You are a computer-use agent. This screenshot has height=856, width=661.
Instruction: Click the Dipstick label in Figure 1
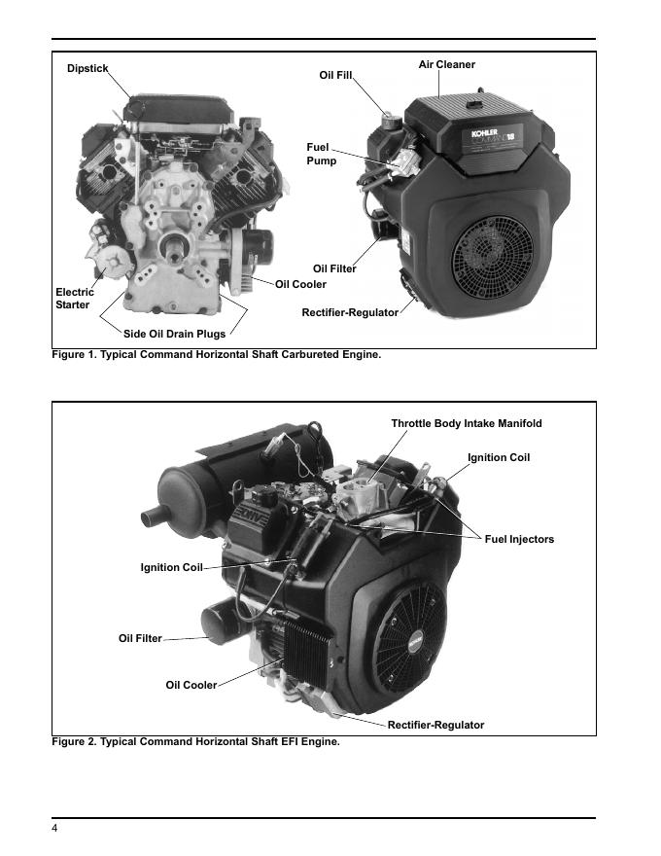(87, 68)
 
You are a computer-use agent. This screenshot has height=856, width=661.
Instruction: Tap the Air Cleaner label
(447, 65)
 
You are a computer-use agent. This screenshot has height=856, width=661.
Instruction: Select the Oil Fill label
(336, 75)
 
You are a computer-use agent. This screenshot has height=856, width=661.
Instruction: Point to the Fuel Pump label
(322, 154)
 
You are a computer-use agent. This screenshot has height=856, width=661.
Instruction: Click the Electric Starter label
(75, 299)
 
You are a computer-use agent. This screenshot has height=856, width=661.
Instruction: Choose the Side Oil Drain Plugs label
(174, 335)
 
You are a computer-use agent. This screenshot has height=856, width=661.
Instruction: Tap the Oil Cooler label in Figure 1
(300, 284)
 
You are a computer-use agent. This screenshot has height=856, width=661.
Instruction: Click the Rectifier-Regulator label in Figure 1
(350, 312)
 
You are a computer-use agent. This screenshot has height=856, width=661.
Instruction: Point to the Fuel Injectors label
(519, 539)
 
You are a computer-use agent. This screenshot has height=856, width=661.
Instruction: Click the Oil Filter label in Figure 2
(140, 638)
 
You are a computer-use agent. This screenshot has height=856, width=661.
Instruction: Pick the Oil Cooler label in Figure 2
(191, 685)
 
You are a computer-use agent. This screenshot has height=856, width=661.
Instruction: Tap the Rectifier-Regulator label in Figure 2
(435, 725)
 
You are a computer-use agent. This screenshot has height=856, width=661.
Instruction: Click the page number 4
(55, 828)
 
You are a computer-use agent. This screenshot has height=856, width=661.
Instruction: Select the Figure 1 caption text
(216, 354)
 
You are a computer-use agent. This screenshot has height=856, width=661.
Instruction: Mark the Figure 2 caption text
(195, 742)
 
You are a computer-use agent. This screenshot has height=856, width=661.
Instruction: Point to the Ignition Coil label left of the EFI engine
(172, 568)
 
